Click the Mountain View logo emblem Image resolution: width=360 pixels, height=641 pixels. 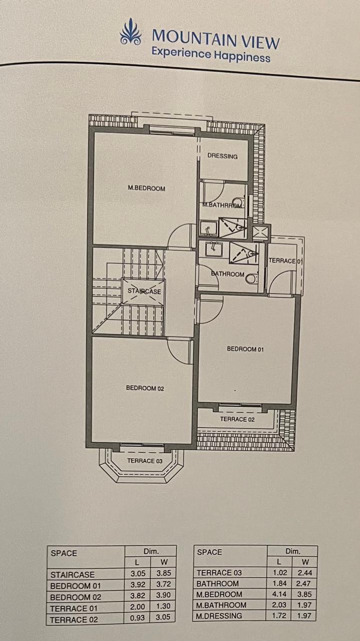tap(130, 32)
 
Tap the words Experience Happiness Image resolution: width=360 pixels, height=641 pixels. tap(211, 56)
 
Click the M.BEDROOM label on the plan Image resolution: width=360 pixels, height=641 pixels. tap(146, 188)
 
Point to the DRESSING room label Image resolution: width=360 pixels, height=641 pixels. tap(223, 156)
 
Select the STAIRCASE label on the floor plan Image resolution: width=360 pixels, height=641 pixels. tap(144, 291)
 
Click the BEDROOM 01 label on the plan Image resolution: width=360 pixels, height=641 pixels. tap(245, 349)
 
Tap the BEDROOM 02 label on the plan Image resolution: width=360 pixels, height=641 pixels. tap(145, 388)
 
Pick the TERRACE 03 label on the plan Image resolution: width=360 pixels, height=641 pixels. tap(145, 461)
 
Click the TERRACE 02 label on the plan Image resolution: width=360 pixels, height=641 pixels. tap(238, 419)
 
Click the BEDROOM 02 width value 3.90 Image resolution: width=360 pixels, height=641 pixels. tap(163, 595)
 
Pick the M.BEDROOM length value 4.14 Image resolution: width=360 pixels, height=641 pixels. tap(279, 594)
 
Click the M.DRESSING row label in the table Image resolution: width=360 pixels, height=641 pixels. tap(219, 615)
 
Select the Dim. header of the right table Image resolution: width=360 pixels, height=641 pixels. tap(293, 551)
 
